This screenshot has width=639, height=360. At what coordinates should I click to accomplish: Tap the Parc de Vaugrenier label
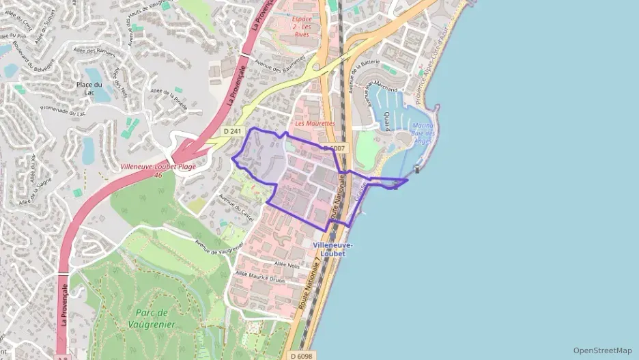point(151,318)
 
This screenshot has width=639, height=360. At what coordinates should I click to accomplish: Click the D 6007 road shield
point(335,148)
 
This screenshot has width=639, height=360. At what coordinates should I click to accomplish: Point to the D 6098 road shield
point(301,355)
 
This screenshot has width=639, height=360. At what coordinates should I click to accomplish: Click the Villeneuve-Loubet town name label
point(332,249)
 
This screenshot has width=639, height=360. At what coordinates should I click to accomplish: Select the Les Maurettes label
point(315,124)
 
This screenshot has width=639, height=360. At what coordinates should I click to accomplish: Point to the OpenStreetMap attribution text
point(603,350)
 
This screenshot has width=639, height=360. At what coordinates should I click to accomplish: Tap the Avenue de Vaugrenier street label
point(218,249)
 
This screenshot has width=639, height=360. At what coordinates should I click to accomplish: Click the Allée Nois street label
point(287,264)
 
